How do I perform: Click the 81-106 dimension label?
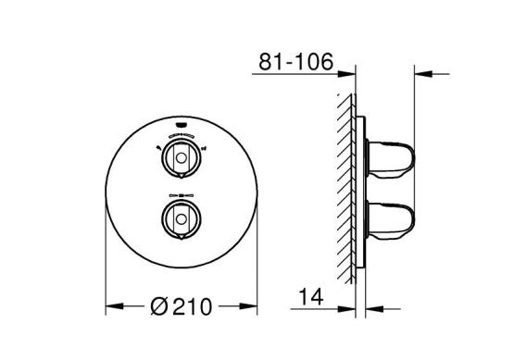[x=295, y=62]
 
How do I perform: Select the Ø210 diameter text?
[x=182, y=306]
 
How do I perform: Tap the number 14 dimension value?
[x=311, y=296]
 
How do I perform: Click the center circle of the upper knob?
[x=181, y=158]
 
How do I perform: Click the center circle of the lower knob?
[x=181, y=219]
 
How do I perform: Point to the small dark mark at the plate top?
[x=181, y=125]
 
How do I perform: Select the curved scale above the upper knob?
[x=181, y=135]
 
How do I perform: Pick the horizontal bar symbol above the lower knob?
[x=181, y=195]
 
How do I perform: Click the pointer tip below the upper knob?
[x=182, y=178]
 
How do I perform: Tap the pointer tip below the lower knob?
[x=182, y=239]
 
